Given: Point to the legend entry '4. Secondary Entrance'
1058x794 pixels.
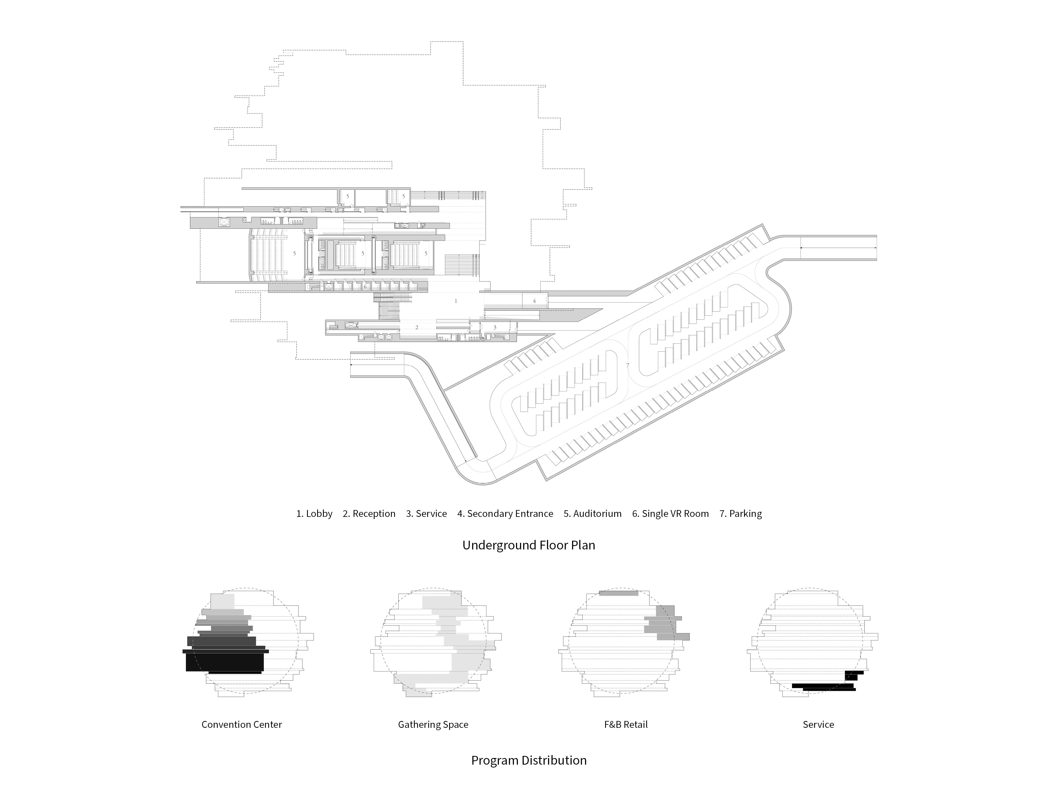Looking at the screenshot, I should click(505, 513).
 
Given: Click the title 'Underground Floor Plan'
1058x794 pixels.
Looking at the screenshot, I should click(528, 545).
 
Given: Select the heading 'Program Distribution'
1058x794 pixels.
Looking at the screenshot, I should click(528, 760).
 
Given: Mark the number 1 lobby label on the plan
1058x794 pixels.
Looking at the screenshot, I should click(456, 301).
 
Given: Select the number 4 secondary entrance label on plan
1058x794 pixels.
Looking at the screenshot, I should click(534, 301).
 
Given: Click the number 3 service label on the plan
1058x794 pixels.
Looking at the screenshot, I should click(495, 327).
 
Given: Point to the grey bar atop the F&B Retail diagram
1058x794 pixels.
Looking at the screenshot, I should click(618, 593).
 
